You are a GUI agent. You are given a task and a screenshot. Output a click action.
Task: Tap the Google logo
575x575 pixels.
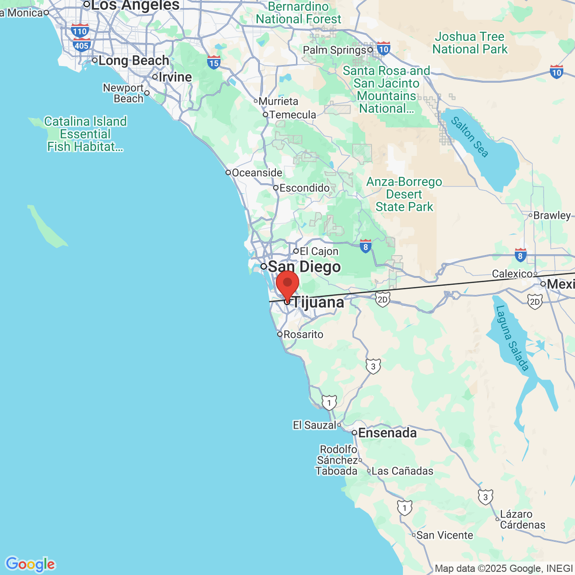30,564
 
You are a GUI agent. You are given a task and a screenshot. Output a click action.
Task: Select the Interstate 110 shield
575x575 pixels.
80,31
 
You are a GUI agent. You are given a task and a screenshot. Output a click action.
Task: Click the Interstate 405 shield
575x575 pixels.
81,45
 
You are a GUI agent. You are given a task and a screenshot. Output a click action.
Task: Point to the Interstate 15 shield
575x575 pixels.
214,63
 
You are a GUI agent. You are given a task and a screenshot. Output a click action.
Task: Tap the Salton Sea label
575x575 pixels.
469,137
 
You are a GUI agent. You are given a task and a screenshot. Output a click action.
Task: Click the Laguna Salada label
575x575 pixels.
512,338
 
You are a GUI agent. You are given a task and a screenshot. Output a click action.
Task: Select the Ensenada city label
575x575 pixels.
387,433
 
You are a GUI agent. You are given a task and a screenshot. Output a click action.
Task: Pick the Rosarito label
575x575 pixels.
303,335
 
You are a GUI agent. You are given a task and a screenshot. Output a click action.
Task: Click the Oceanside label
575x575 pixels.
257,173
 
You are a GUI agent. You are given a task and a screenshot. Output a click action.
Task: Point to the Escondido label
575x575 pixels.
304,188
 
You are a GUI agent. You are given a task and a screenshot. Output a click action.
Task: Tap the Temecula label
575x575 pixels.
292,115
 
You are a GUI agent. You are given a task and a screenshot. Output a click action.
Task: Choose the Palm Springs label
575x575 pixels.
335,50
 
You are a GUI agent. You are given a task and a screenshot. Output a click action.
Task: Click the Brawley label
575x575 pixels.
552,215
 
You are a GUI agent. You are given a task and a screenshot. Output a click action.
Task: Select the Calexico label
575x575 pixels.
512,274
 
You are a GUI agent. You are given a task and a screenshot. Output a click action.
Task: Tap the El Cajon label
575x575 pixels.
318,251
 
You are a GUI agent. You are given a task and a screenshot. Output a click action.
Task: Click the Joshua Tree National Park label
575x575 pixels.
469,43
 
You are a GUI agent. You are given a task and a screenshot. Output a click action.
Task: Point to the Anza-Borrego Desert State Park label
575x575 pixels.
404,194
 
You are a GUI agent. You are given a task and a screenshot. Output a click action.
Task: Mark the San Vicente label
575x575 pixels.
444,535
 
